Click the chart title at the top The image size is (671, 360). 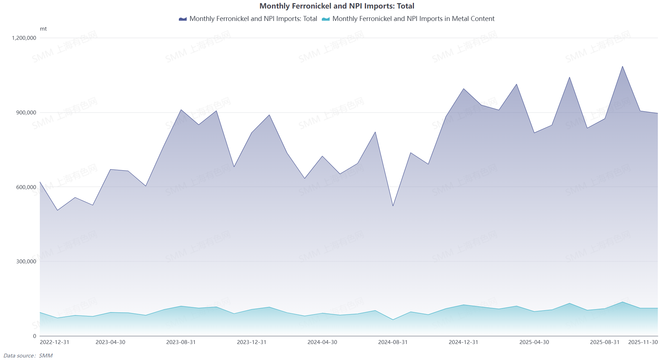[x=337, y=6]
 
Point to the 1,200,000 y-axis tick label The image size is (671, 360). [x=24, y=38]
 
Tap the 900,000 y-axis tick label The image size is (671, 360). [x=26, y=113]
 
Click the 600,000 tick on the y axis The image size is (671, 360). [x=26, y=187]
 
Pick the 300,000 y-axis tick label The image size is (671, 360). [x=26, y=262]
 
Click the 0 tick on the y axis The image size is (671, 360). [x=34, y=336]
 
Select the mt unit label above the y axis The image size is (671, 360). [x=43, y=29]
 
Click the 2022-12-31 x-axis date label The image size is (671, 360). [x=54, y=342]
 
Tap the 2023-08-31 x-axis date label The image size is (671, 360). [x=181, y=342]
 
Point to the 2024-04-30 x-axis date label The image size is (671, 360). [x=322, y=342]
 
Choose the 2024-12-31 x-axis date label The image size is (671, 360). [x=463, y=342]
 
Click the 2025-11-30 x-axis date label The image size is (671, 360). [x=643, y=342]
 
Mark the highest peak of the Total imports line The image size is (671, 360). [x=622, y=66]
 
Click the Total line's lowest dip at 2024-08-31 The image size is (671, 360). [x=393, y=206]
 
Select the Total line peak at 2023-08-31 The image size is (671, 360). [x=181, y=110]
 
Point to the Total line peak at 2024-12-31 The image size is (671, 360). [x=463, y=89]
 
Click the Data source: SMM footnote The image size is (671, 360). [x=28, y=356]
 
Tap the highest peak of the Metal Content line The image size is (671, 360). [x=622, y=302]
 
